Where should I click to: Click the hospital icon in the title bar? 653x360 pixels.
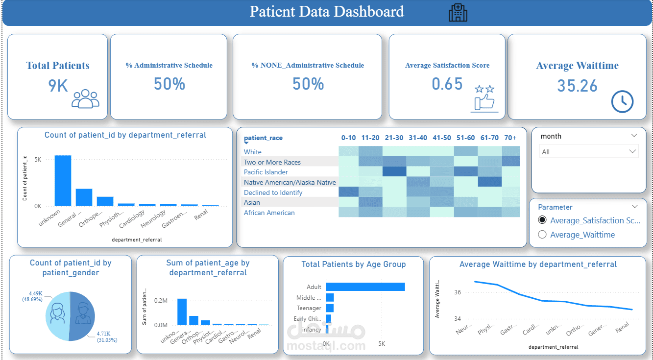click(x=458, y=12)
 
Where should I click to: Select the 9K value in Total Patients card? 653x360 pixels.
click(x=58, y=86)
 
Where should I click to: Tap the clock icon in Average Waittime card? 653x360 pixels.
click(x=622, y=101)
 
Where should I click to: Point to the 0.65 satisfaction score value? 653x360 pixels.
click(x=447, y=84)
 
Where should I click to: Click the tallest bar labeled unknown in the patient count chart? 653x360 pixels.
click(x=63, y=181)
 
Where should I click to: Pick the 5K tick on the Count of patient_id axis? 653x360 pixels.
click(x=38, y=160)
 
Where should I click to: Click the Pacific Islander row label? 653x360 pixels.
click(x=266, y=172)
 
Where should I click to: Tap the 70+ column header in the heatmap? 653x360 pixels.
click(x=510, y=138)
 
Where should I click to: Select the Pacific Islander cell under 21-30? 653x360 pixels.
click(x=394, y=171)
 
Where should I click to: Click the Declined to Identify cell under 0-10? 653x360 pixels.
click(x=348, y=192)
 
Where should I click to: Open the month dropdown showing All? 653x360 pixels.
click(x=588, y=152)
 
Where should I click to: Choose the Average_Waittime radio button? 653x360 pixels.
click(x=542, y=235)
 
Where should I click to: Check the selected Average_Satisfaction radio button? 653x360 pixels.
click(x=542, y=220)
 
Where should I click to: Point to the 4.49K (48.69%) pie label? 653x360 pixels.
click(x=32, y=296)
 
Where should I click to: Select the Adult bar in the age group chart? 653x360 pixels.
click(x=365, y=287)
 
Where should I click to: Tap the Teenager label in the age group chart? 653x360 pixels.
click(x=309, y=308)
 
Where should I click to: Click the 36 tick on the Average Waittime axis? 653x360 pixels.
click(x=457, y=292)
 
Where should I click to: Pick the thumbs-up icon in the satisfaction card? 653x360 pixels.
click(x=484, y=101)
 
